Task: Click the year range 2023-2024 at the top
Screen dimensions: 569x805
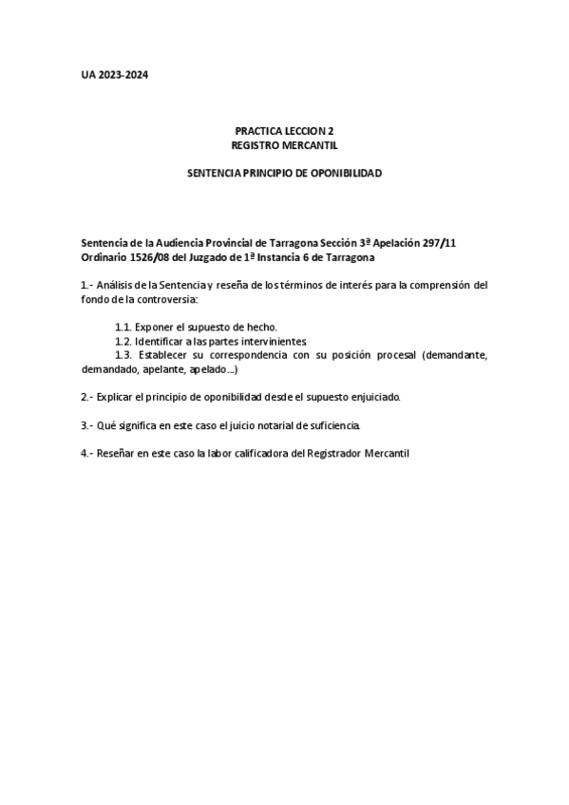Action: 122,75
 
